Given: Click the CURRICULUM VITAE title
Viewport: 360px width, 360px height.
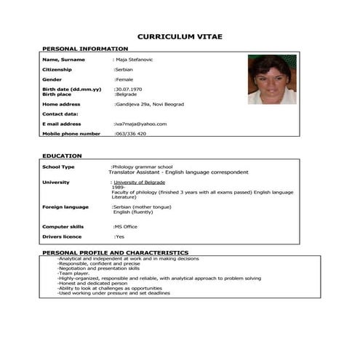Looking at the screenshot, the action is pos(180,36).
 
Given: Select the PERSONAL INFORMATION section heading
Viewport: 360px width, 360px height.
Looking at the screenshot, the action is pos(85,49).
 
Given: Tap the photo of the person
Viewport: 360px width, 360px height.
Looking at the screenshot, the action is pos(271,79).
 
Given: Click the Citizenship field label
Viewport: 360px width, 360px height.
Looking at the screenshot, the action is pos(58,69).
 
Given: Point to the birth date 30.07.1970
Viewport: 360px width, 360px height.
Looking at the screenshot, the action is pos(128,89).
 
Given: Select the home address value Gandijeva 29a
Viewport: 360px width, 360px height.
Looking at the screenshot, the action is pos(149,104).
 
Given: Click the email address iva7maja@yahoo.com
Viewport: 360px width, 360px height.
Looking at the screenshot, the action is pos(141,124).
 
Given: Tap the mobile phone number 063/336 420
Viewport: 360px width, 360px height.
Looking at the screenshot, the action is pos(131,134).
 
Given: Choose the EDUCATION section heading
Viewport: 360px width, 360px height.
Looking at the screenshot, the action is pos(62,156).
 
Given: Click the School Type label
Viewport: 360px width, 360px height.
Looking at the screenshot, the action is pos(58,167).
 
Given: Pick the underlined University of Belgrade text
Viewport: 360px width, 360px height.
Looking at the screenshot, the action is pos(139,182).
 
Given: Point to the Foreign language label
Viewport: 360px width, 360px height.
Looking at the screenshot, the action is pos(65,207).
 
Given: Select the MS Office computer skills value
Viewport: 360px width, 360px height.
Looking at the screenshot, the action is pos(125,226).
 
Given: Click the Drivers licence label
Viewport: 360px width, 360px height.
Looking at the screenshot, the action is pos(63,236).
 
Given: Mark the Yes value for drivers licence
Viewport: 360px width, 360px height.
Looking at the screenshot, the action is pos(120,236).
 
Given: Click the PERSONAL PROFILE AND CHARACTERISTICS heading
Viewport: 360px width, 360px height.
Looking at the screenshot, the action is pos(115,252).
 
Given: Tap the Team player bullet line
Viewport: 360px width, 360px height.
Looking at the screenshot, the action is pos(74,273).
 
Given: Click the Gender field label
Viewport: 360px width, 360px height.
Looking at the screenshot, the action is pos(52,79).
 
